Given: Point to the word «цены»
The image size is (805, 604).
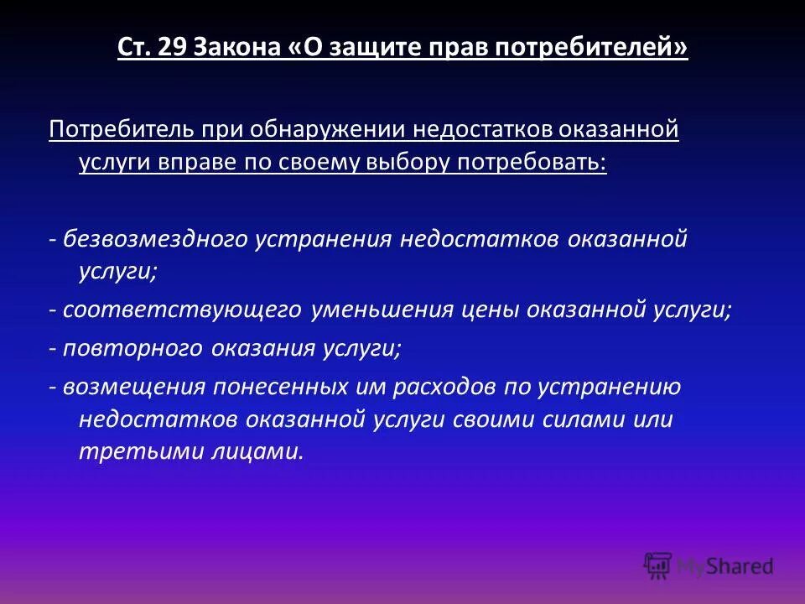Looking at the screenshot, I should coord(490,310).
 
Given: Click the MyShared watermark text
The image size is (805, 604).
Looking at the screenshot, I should coord(725,566).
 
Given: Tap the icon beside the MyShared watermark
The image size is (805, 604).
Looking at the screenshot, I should coord(657,566).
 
